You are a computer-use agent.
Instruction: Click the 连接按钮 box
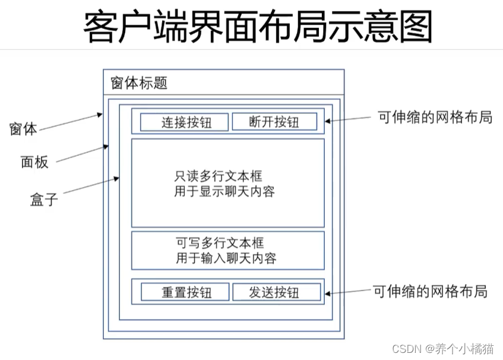tap(184, 122)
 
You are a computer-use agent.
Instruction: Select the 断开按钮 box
tap(274, 122)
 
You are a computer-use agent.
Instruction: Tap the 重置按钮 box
tap(185, 292)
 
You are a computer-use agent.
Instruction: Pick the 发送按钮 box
tap(276, 292)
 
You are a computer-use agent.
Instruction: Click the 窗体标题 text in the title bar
tap(139, 83)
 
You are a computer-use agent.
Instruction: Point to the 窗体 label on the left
tap(23, 128)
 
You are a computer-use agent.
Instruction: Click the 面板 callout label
tap(34, 161)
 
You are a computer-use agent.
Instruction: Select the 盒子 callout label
tap(44, 198)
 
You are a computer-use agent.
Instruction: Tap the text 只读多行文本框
tap(218, 176)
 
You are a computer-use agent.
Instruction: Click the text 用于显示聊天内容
tap(224, 191)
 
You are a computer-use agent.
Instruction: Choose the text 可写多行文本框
tap(220, 242)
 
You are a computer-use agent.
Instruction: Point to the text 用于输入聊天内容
tap(226, 258)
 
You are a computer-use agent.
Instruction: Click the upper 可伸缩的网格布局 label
tap(435, 117)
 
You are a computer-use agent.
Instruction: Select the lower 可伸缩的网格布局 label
tap(430, 291)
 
